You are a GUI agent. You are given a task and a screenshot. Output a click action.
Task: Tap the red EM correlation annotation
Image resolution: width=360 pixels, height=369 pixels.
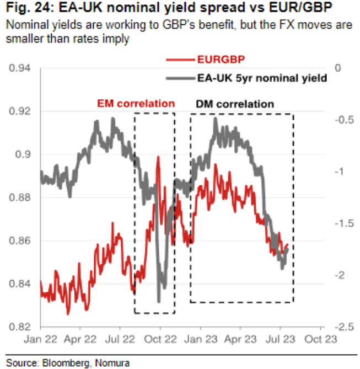point(136,104)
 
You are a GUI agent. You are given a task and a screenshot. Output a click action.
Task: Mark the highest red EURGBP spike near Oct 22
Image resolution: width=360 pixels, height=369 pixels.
point(158,157)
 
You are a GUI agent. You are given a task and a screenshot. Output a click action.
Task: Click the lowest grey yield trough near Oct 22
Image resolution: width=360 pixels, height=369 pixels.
point(159,301)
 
